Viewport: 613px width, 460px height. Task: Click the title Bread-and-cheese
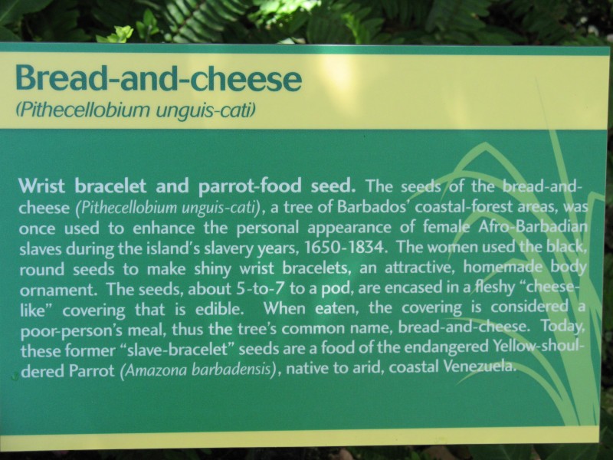159,78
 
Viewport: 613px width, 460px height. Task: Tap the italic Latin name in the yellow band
136,110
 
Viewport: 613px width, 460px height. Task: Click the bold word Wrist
41,186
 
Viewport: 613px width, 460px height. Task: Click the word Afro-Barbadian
533,227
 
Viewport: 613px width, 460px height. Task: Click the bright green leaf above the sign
119,34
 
